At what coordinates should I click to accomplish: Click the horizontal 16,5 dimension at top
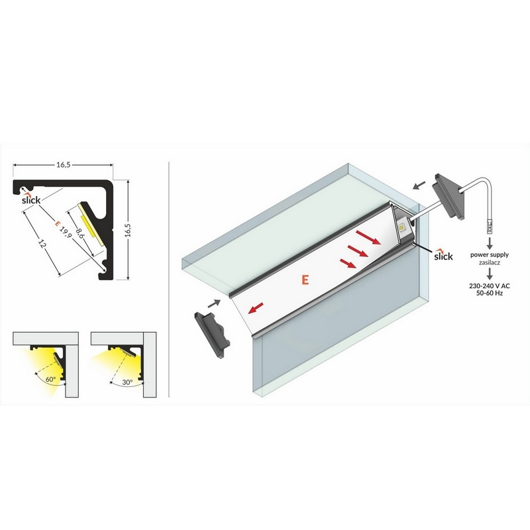click(63, 165)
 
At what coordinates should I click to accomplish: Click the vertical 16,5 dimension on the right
click(128, 230)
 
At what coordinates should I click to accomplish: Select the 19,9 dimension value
click(64, 233)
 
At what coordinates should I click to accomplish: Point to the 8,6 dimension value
click(79, 233)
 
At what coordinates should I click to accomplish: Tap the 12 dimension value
click(41, 244)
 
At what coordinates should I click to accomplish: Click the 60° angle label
click(51, 379)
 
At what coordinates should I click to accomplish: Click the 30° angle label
click(127, 382)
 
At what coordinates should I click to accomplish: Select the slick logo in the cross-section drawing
click(31, 199)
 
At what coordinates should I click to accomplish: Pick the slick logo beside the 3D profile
click(443, 255)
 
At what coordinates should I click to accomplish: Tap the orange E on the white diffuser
click(305, 280)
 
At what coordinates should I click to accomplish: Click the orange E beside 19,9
click(57, 223)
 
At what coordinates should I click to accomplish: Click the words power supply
click(489, 255)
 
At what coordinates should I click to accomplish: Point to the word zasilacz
click(489, 262)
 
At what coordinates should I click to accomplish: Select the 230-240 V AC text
click(489, 286)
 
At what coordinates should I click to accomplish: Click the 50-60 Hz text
click(489, 293)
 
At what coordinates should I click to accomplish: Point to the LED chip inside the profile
click(402, 227)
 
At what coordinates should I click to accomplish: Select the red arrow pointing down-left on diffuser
click(256, 308)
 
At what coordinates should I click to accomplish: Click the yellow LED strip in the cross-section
click(89, 223)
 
